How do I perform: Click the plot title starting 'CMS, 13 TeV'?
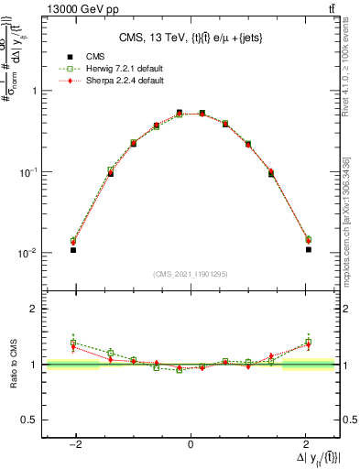click(190, 38)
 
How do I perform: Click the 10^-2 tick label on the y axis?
click(30, 253)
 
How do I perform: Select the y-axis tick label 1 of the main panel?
click(35, 91)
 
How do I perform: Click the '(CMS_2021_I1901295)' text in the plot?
click(191, 274)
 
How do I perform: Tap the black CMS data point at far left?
click(73, 249)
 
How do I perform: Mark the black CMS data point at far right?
click(309, 249)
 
